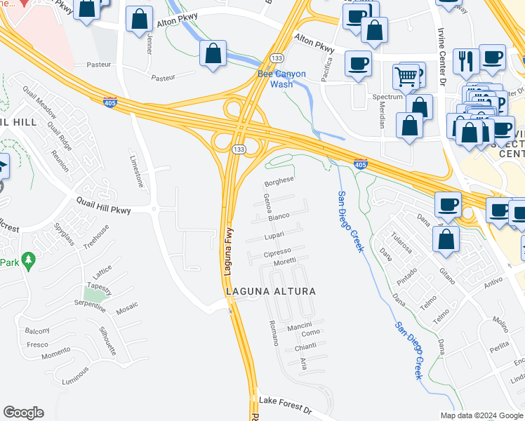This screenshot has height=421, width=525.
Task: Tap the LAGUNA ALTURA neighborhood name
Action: coord(270,290)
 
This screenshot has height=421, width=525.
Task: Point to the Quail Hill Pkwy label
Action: coord(104,205)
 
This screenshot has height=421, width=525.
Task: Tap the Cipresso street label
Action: coord(277,252)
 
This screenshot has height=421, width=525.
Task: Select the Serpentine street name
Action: coord(90,306)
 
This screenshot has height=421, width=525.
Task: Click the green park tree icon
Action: coord(29,261)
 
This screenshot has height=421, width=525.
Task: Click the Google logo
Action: coord(23,413)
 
